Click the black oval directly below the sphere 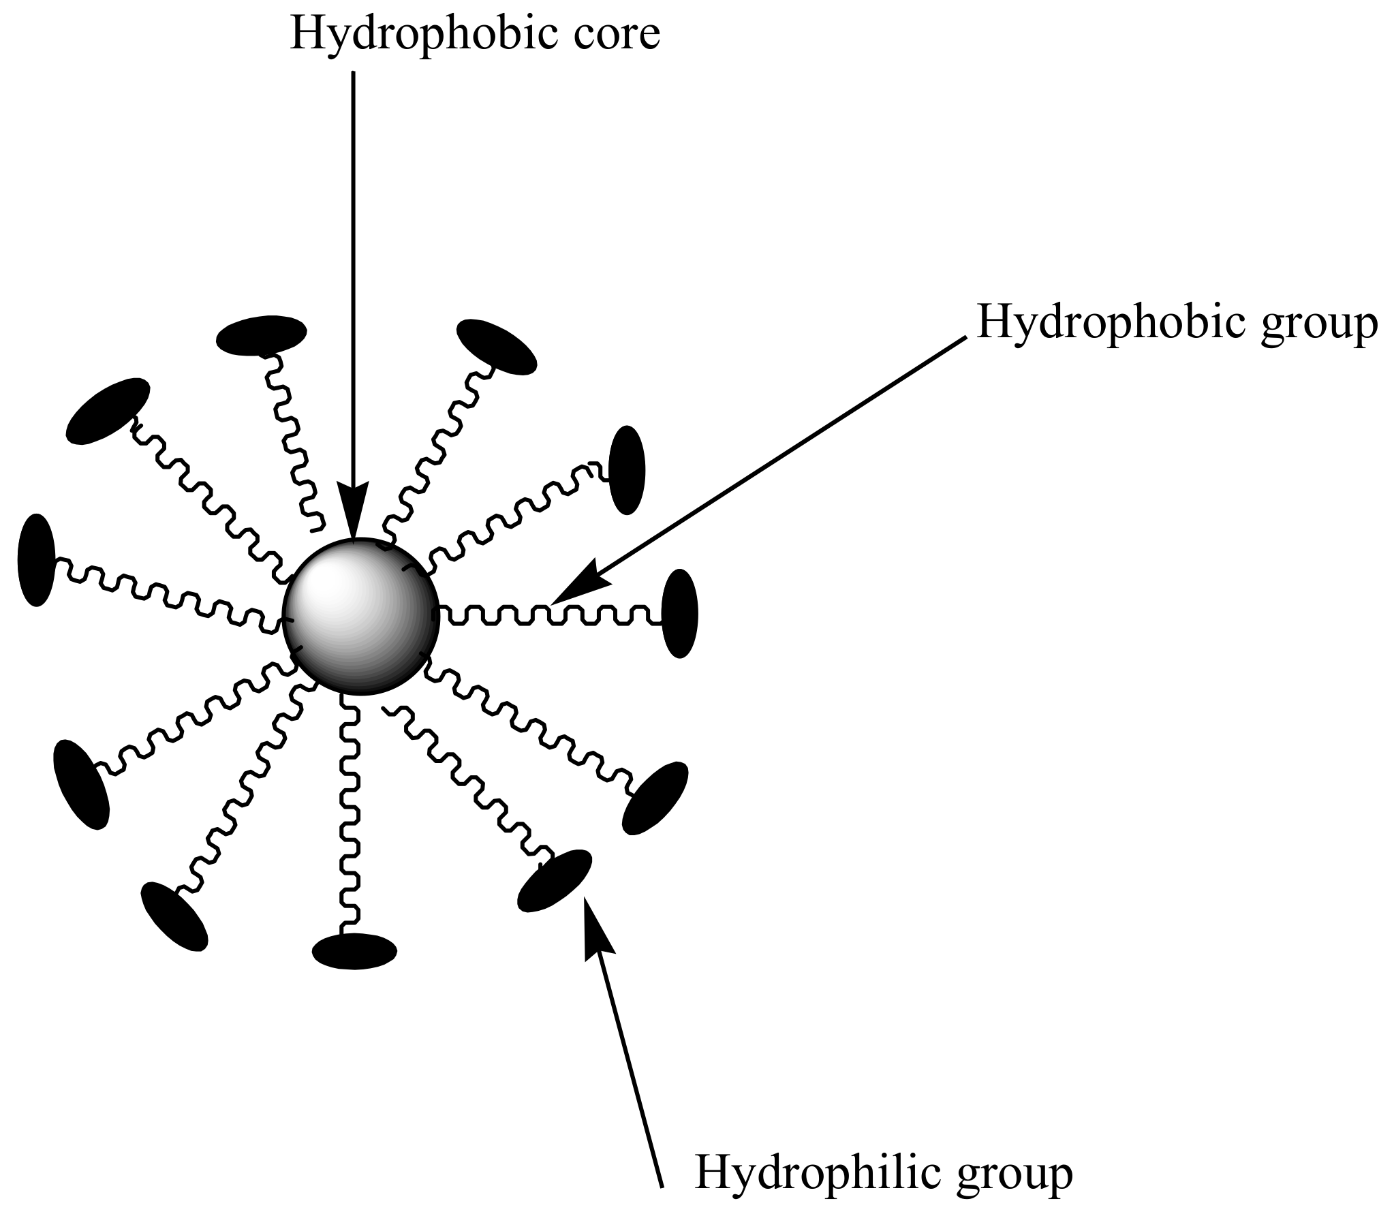pos(354,950)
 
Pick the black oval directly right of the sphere pos(679,613)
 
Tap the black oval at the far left pos(36,560)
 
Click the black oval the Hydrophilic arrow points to pos(555,881)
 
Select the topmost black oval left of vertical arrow pos(261,335)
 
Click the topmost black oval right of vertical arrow pos(496,347)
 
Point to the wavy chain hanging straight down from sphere pos(349,818)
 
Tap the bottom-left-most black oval pos(174,916)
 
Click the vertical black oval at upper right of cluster pos(626,469)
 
